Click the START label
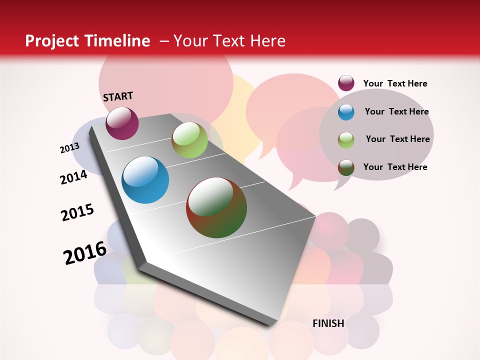pos(118,96)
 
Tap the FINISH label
pos(328,323)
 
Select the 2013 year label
pos(70,148)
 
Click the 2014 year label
pos(74,177)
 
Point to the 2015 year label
pos(77,212)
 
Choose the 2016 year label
pos(85,252)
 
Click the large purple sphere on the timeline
pos(122,123)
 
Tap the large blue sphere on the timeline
pos(145,180)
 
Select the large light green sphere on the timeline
pos(189,140)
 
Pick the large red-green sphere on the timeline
pos(216,207)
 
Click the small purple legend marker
pos(346,83)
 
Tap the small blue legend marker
pos(346,112)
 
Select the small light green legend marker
pos(346,139)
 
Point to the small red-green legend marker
pos(346,167)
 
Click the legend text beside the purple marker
pos(395,83)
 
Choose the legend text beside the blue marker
pos(396,111)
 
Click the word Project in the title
pos(52,41)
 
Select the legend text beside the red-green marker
pos(395,167)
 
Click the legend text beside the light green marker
pos(397,139)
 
